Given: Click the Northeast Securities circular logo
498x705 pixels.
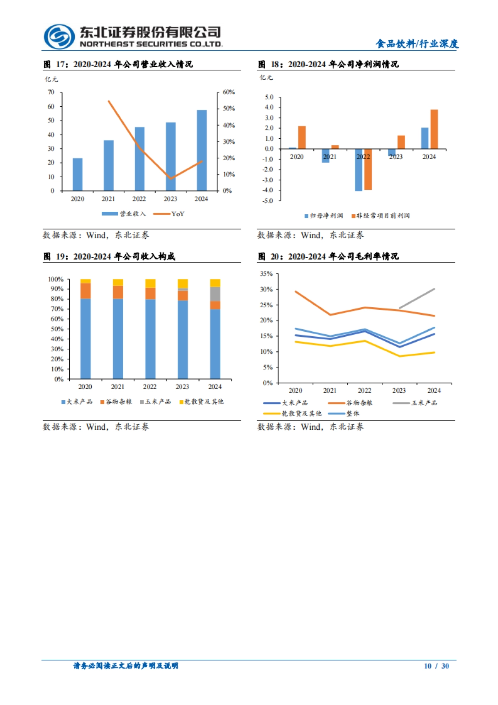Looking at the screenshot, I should coord(59,37).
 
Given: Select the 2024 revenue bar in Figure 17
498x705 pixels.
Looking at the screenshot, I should coord(202,150).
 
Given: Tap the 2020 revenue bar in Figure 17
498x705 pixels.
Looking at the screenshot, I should coord(78,174).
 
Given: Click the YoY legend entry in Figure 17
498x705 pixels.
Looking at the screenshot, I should coord(169,214).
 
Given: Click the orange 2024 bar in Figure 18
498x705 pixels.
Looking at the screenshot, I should coord(434,129).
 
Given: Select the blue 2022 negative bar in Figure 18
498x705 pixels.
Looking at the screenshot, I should coord(359,170).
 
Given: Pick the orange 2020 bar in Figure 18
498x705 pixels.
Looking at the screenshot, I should coord(302,137).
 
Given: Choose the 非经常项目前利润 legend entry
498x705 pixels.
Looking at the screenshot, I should coord(381,215).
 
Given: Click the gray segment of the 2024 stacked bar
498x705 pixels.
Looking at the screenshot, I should coord(215,294).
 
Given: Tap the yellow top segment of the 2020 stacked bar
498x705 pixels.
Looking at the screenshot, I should coord(85,281).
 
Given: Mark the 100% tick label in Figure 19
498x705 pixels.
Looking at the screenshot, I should coord(56,279).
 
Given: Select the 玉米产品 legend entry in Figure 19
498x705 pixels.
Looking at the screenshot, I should coord(156,402).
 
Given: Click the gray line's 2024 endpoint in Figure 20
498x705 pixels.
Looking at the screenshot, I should coord(434,289).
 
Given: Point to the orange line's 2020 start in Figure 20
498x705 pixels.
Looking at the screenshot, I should coord(295,291).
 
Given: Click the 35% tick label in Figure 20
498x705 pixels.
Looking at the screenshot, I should coord(266,274).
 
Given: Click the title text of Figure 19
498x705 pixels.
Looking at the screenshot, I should coord(110,257).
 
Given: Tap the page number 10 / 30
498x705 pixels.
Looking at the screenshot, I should coord(436,666).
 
